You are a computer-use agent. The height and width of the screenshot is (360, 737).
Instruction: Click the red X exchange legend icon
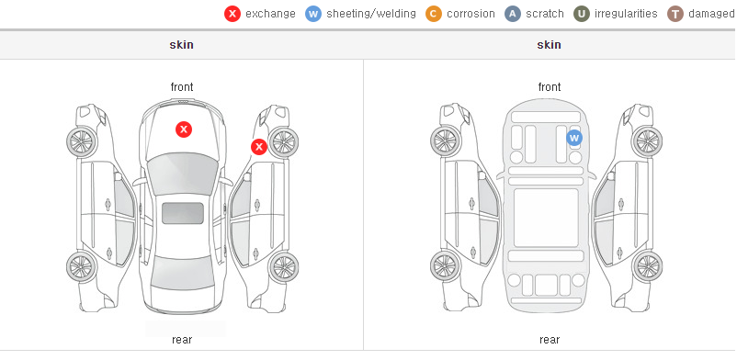coord(232,14)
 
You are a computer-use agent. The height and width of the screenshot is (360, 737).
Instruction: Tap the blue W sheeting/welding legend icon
coord(313,14)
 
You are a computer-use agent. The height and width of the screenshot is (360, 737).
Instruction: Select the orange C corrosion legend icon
coord(434,14)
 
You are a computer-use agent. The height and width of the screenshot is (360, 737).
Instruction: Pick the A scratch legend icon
coord(513,14)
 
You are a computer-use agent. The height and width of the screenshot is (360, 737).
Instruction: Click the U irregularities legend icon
coord(582,14)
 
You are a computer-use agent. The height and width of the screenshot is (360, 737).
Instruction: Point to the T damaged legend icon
coord(675,14)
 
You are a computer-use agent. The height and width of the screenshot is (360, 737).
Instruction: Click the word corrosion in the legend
coord(471,14)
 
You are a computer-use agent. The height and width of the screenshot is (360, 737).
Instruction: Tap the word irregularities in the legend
coord(626,14)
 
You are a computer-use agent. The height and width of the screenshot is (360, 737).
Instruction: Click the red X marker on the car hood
coord(184,129)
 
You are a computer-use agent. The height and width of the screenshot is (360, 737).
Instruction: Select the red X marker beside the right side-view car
coord(258,147)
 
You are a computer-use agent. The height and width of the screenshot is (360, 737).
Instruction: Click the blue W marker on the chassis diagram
coord(574,138)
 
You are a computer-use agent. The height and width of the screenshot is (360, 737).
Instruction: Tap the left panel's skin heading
coord(181,45)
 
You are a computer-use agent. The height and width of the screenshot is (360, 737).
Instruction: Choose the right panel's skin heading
coord(549,45)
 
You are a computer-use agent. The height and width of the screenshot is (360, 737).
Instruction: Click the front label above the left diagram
coord(182,87)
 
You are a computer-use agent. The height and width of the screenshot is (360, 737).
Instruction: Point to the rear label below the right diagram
coord(550,340)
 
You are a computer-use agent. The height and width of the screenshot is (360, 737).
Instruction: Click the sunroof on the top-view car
coord(183,213)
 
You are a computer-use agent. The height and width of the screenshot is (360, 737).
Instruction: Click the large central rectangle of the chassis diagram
coord(546,218)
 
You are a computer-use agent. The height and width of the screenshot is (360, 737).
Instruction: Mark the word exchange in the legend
coord(270,14)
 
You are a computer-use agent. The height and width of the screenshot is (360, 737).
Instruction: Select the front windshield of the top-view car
coord(182,173)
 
